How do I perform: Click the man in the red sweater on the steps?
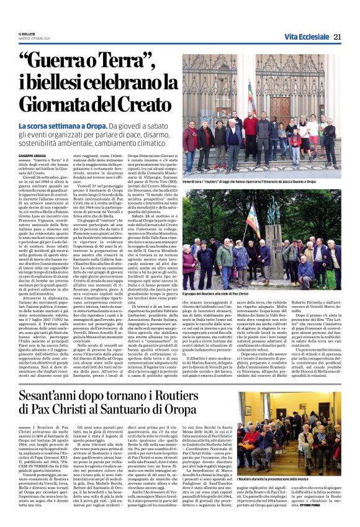pos(250,128)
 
